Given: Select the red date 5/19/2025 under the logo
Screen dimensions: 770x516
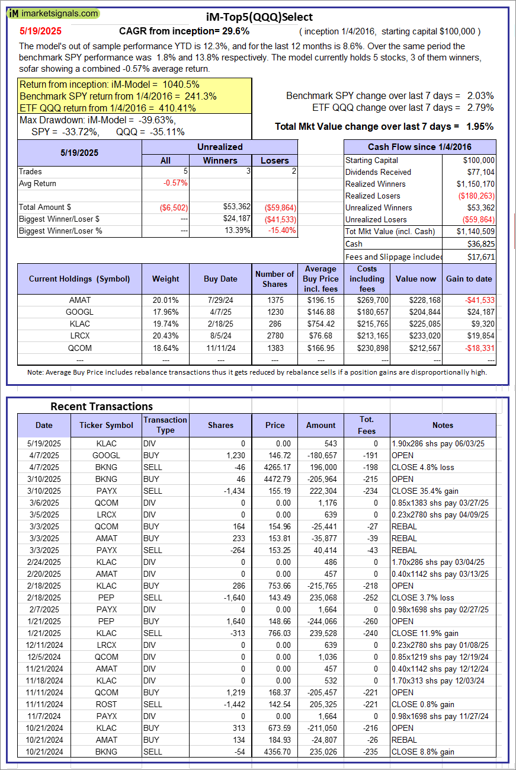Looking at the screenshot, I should pos(40,31).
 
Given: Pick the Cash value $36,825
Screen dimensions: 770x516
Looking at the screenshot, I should pos(480,244).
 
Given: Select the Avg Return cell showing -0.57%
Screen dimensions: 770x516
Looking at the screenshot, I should pos(175,183).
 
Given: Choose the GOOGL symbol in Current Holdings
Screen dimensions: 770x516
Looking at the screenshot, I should pos(79,312).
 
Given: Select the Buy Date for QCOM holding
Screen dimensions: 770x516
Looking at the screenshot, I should pos(220,347).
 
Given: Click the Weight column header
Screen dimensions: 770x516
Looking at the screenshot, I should pos(165,279).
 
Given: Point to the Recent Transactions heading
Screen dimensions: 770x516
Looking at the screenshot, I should pos(101,406).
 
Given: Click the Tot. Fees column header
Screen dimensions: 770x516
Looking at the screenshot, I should pos(367,425).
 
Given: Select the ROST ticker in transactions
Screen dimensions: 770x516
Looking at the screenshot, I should pos(106,704).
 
